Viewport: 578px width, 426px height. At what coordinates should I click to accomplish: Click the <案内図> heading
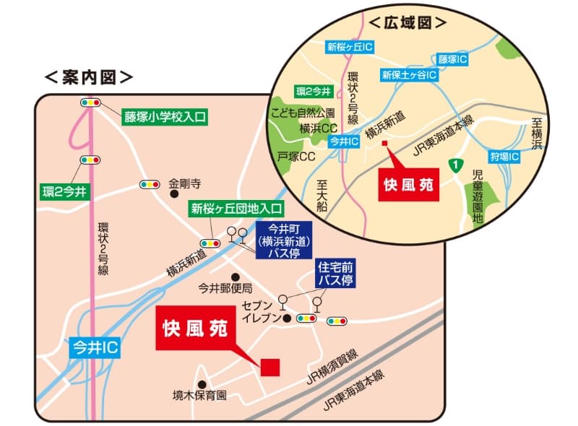88,75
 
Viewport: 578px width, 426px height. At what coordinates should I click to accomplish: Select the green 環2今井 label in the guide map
65,191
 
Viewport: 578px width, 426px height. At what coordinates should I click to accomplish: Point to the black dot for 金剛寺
173,194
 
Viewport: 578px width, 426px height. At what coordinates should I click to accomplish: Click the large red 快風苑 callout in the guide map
192,329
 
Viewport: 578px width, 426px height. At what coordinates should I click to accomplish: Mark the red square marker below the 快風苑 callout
270,367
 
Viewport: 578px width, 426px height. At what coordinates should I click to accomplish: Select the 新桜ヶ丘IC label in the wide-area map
349,48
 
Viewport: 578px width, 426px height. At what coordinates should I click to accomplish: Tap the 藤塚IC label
453,58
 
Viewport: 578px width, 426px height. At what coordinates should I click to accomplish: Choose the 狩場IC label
504,156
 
